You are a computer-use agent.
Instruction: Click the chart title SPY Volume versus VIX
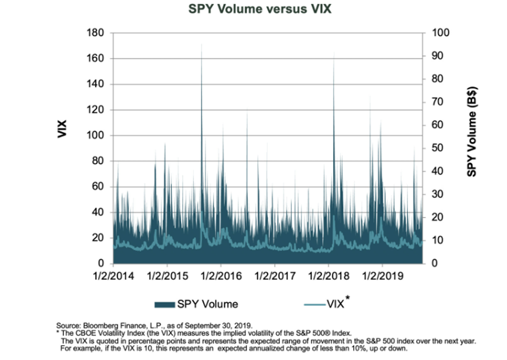254,10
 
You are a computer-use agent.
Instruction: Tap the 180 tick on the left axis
96,33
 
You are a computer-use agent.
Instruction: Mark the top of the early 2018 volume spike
334,53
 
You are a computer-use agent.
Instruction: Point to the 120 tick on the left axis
96,110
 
